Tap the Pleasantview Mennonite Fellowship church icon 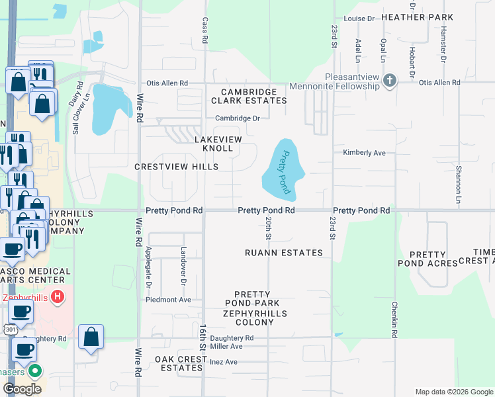tap(390, 81)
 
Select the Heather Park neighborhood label tap(427, 17)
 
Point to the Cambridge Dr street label tap(238, 118)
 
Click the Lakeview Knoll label tap(214, 144)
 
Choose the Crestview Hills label tap(176, 167)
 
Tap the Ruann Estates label tap(284, 253)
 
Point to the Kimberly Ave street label tap(364, 153)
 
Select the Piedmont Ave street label tap(169, 300)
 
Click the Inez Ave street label tap(223, 362)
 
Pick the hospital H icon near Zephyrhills tap(58, 297)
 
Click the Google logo tap(21, 389)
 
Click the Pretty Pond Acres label tap(433, 259)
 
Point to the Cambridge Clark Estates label tap(249, 96)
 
